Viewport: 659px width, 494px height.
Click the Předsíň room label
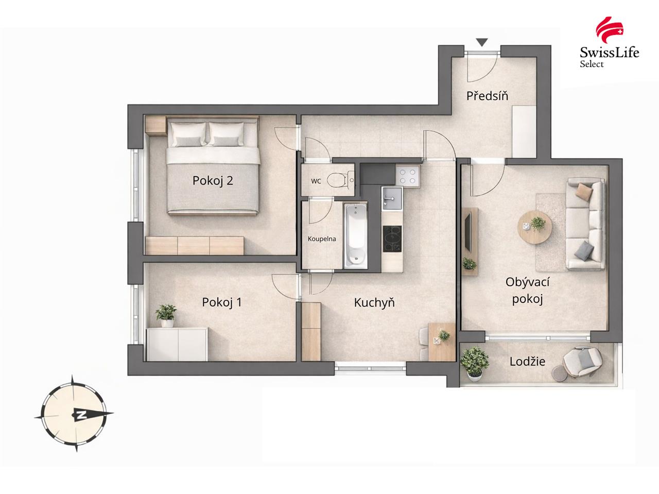click(487, 96)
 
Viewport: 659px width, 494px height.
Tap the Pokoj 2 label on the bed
click(213, 180)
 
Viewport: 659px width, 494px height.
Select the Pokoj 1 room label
click(221, 302)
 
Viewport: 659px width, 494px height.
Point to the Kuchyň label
click(374, 302)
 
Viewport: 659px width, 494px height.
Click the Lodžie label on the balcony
click(527, 361)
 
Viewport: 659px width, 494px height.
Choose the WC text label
click(316, 181)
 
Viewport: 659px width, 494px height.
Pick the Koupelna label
click(322, 239)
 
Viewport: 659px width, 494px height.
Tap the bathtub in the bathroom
click(355, 236)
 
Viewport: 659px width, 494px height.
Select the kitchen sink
click(391, 198)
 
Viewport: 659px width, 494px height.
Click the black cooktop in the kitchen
click(392, 239)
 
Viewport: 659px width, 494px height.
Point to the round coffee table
click(534, 227)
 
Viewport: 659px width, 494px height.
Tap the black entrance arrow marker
click(482, 42)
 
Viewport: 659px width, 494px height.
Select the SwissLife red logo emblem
click(610, 30)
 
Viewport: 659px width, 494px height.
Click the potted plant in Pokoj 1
click(166, 315)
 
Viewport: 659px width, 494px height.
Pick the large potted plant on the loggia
click(474, 364)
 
